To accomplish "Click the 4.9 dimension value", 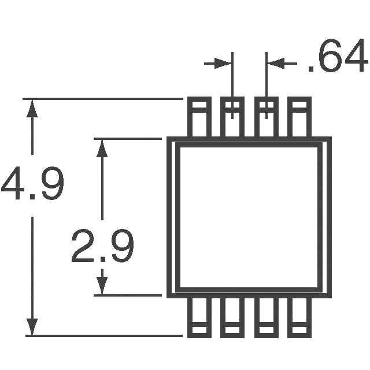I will pyautogui.click(x=32, y=184).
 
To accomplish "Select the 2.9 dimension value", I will pyautogui.click(x=102, y=247).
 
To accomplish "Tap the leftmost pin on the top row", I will pyautogui.click(x=199, y=117).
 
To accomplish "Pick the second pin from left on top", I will pyautogui.click(x=232, y=117).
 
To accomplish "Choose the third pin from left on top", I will pyautogui.click(x=266, y=117).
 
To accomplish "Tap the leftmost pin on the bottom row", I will pyautogui.click(x=199, y=317).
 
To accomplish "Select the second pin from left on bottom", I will pyautogui.click(x=232, y=317).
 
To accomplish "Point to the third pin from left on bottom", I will pyautogui.click(x=266, y=317).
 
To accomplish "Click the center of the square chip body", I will pyautogui.click(x=249, y=217).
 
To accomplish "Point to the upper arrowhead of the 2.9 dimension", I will pyautogui.click(x=102, y=148).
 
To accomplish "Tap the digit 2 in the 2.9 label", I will pyautogui.click(x=84, y=247).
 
